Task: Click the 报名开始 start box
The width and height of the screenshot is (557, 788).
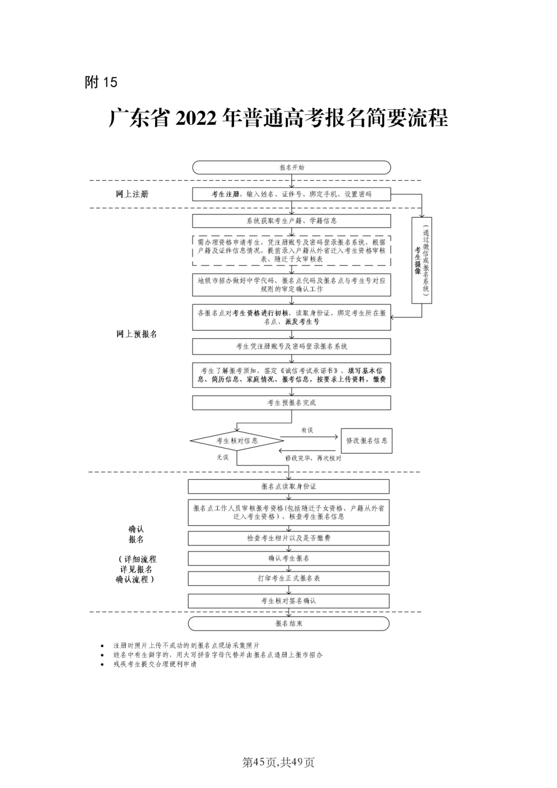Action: point(291,168)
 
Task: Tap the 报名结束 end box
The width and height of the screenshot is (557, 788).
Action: point(289,623)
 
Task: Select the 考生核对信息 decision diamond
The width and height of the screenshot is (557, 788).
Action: point(237,441)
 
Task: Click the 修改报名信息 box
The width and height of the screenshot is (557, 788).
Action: point(367,441)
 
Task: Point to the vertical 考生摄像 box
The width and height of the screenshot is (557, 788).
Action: point(421,260)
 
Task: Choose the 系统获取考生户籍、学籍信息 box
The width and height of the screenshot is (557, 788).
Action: point(291,221)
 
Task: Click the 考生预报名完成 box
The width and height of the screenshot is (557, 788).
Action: point(291,403)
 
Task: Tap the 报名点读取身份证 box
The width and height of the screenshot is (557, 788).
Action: point(289,487)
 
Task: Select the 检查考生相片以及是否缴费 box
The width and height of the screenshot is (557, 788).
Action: point(289,538)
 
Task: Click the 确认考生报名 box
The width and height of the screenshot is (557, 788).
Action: point(289,558)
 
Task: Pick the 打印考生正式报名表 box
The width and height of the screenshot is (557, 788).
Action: point(289,578)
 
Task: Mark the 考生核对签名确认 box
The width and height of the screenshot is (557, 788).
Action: point(289,601)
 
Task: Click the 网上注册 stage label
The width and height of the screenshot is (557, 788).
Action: point(132,194)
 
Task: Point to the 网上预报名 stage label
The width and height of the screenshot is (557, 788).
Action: point(137,334)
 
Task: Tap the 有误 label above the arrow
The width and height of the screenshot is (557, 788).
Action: point(307,430)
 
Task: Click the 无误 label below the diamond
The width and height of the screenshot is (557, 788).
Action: point(222,457)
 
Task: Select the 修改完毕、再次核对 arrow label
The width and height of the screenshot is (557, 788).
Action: point(313,458)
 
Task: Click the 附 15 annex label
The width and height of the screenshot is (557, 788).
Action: point(101,82)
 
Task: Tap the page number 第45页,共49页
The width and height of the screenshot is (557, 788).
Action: point(278,762)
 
